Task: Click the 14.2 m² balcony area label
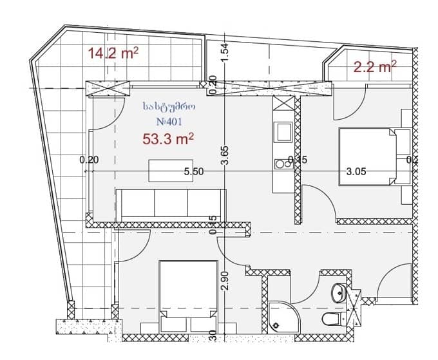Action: coord(113,53)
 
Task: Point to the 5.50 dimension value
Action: coord(194,172)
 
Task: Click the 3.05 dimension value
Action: coord(356,172)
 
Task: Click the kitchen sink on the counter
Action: coord(284,133)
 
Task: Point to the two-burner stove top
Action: coord(282,164)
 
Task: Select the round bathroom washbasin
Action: coord(338,293)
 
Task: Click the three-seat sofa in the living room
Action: coord(171,203)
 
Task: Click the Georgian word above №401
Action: coord(169,107)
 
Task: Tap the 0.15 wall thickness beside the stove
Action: coord(298,160)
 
